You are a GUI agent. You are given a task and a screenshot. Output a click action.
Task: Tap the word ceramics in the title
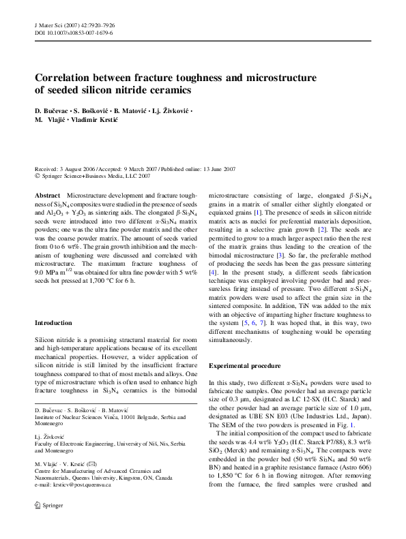[167, 91]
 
